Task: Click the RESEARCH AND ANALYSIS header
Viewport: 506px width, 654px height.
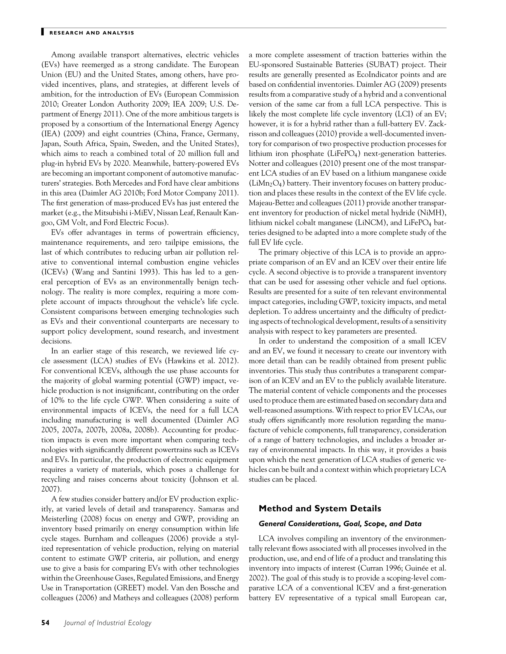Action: tap(92, 33)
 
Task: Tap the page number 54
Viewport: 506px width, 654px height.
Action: tap(45, 623)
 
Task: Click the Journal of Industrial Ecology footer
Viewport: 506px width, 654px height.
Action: tap(108, 623)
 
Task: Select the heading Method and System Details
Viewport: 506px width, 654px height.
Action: tap(320, 508)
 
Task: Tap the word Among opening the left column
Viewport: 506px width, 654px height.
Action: tap(63, 55)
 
